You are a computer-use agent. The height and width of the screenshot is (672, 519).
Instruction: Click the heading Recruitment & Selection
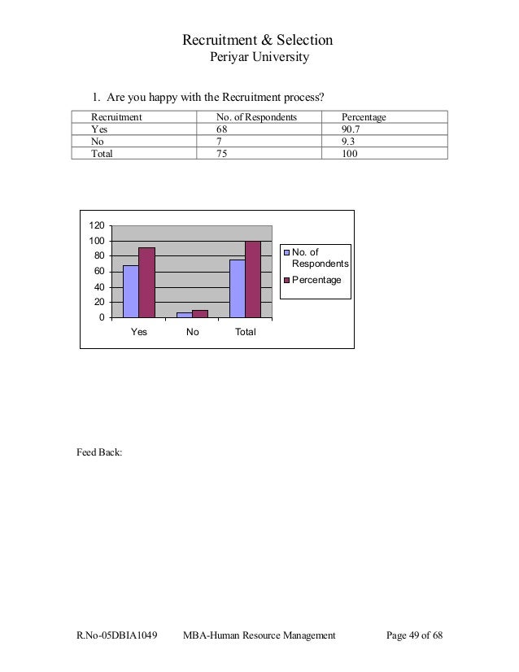[257, 41]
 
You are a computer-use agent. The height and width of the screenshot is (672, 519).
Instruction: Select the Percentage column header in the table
[364, 118]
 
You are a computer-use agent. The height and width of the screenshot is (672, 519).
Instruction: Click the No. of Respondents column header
[256, 118]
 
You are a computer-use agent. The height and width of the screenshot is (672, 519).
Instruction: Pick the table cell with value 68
[221, 129]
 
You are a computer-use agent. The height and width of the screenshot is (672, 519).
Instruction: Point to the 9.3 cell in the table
[349, 141]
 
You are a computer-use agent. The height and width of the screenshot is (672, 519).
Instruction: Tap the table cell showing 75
[221, 152]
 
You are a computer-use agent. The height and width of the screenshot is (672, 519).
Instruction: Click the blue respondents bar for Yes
[131, 290]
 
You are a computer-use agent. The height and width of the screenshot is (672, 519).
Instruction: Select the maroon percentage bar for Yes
[146, 281]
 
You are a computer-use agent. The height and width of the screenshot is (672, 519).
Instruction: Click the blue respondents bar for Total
[238, 288]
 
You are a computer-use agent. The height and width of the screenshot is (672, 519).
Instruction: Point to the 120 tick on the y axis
[96, 225]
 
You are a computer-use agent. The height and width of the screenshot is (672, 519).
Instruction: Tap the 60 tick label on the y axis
[98, 272]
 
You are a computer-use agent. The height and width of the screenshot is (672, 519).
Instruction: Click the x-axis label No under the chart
[193, 332]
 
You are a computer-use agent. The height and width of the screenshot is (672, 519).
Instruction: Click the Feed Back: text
[98, 450]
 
